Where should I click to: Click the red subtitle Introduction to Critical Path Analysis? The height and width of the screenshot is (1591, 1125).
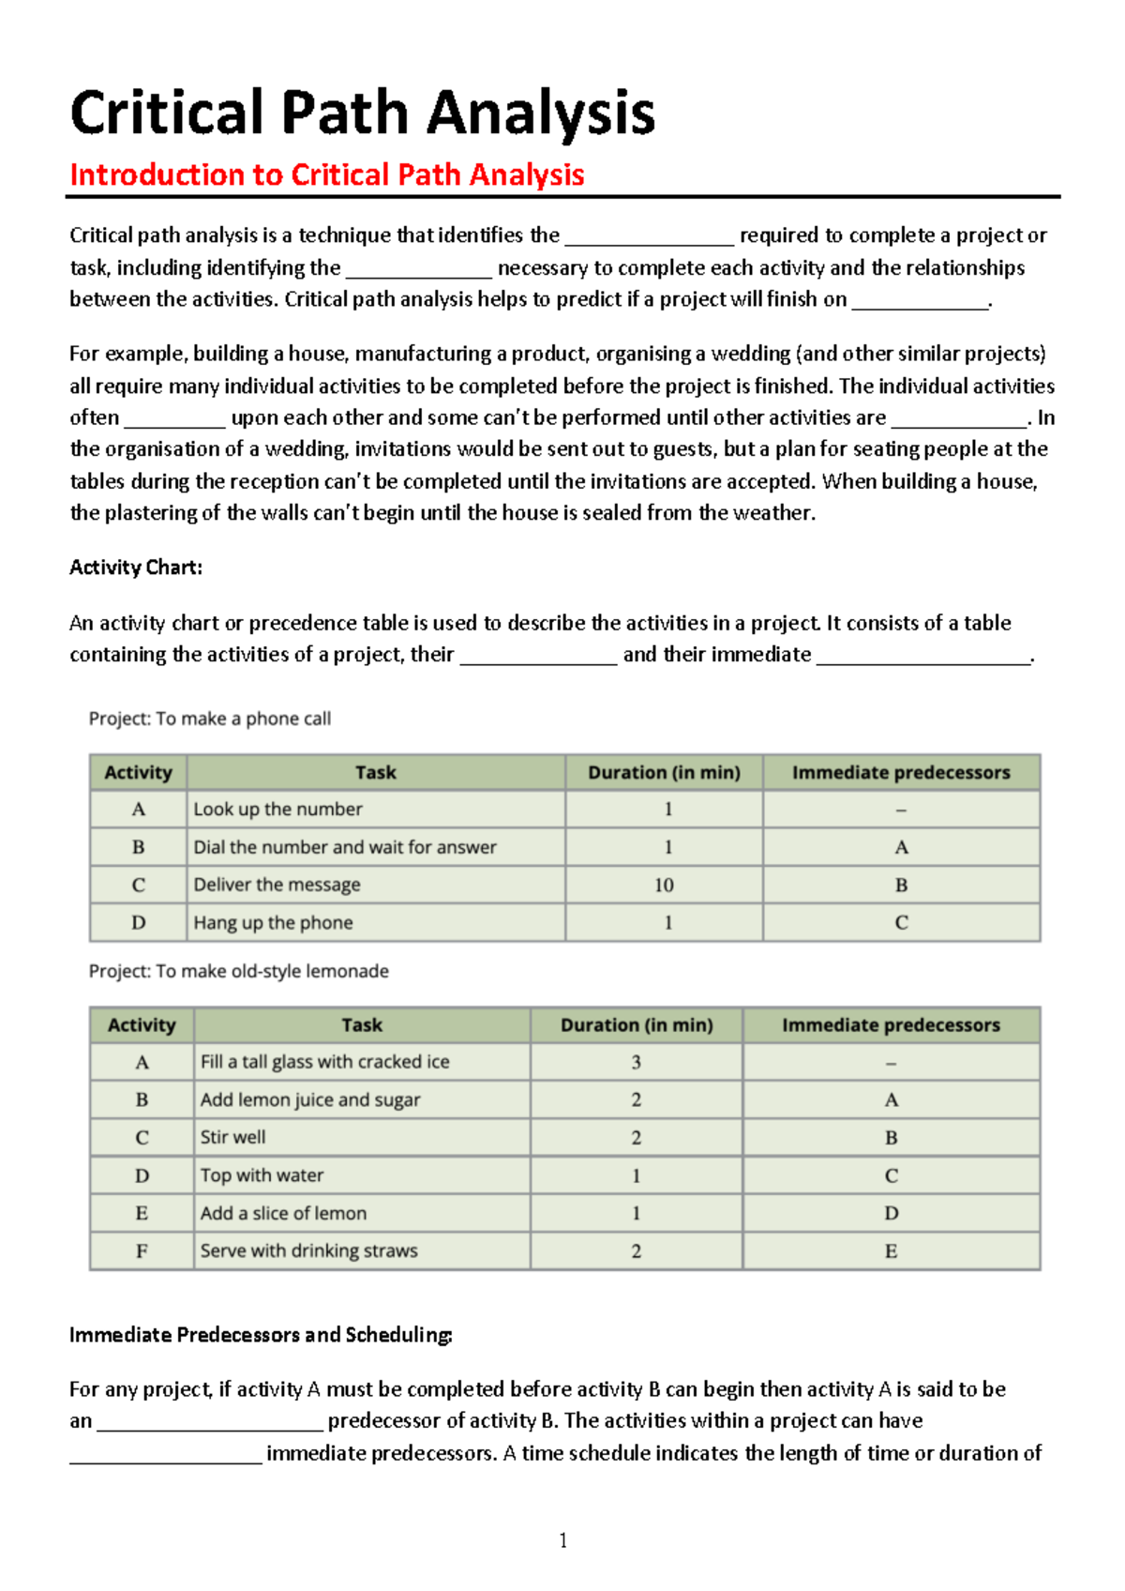(x=326, y=174)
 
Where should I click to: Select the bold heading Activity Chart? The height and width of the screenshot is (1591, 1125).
(x=136, y=568)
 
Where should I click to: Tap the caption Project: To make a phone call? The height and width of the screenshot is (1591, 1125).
(x=209, y=719)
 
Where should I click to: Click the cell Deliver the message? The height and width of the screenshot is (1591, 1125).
(x=277, y=885)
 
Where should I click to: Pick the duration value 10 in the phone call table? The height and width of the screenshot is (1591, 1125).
(x=664, y=885)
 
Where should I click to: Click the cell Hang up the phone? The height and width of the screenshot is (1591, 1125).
(x=273, y=922)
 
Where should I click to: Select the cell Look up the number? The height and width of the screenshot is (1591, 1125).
(x=277, y=809)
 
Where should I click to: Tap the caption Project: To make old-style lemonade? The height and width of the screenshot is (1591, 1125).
(x=238, y=971)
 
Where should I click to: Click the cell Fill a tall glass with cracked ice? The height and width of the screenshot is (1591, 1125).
(x=324, y=1062)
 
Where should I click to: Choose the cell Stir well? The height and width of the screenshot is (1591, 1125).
(x=232, y=1137)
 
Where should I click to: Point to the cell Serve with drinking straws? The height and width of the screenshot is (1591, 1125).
(x=308, y=1250)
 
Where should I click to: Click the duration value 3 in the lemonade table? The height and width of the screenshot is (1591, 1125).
(x=636, y=1062)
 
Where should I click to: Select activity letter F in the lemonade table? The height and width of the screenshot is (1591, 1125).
(x=142, y=1250)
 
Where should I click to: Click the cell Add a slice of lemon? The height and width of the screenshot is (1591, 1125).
(x=283, y=1213)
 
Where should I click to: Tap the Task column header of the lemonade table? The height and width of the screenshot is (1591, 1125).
(x=362, y=1024)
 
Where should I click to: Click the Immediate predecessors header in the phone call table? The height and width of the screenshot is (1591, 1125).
(x=901, y=772)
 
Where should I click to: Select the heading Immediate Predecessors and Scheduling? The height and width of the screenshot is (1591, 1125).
(x=261, y=1335)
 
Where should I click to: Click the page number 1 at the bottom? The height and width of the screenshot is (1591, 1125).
(x=562, y=1540)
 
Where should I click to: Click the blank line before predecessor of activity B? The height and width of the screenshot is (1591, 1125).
(x=209, y=1423)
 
